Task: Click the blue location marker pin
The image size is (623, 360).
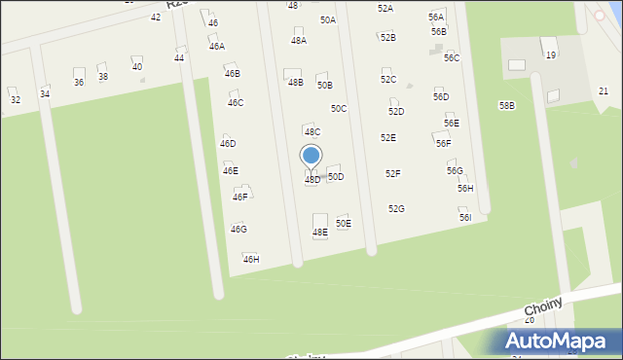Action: [311, 156]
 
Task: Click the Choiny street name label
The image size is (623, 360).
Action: [543, 306]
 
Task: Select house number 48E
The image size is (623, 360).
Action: [319, 233]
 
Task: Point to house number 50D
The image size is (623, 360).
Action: [335, 177]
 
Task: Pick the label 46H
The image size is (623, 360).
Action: [251, 260]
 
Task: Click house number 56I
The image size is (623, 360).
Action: [465, 218]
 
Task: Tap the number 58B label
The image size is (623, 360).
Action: [507, 105]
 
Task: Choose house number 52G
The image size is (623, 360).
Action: [396, 209]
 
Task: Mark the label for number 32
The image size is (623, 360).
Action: [15, 99]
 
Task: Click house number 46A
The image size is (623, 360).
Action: [216, 46]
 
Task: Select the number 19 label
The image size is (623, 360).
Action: [550, 55]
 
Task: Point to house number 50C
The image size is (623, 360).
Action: [338, 109]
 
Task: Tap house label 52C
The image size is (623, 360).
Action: [388, 80]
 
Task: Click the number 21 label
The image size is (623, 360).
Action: [604, 91]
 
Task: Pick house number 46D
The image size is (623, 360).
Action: [228, 143]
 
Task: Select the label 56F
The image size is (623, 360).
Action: [443, 143]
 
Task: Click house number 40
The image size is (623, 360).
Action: [137, 66]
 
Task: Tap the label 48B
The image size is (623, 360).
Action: [295, 83]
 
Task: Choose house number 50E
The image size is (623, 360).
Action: [344, 224]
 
